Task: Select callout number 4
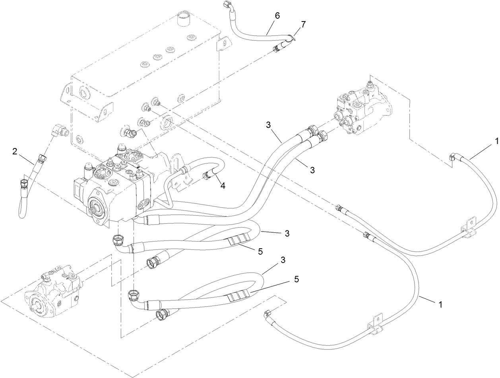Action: coord(223,185)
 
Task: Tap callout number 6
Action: coord(277,16)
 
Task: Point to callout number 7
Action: coord(303,24)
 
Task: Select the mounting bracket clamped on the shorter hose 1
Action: coord(468,228)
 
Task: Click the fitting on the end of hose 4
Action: coord(207,175)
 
